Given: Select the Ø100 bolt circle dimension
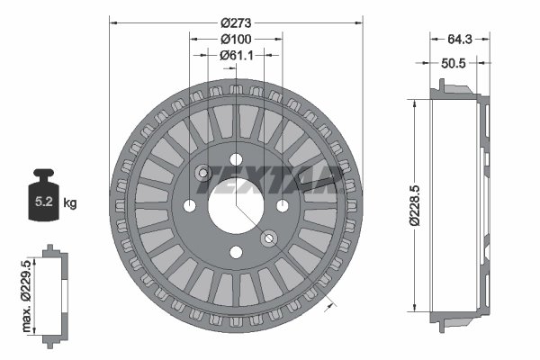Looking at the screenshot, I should point(236,39).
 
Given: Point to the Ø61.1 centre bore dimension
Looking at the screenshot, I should point(236,55).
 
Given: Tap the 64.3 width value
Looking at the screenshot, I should point(459,39).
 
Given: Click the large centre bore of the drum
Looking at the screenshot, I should point(236,206).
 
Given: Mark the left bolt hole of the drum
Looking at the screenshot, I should point(191,206).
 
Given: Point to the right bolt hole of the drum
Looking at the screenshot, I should point(282,206).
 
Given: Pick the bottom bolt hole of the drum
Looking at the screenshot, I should point(236,252).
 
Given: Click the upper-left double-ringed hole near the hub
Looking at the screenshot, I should point(203,174).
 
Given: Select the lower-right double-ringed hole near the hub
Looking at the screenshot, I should point(268,238).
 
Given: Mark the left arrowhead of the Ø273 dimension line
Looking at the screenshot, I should point(112,22).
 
